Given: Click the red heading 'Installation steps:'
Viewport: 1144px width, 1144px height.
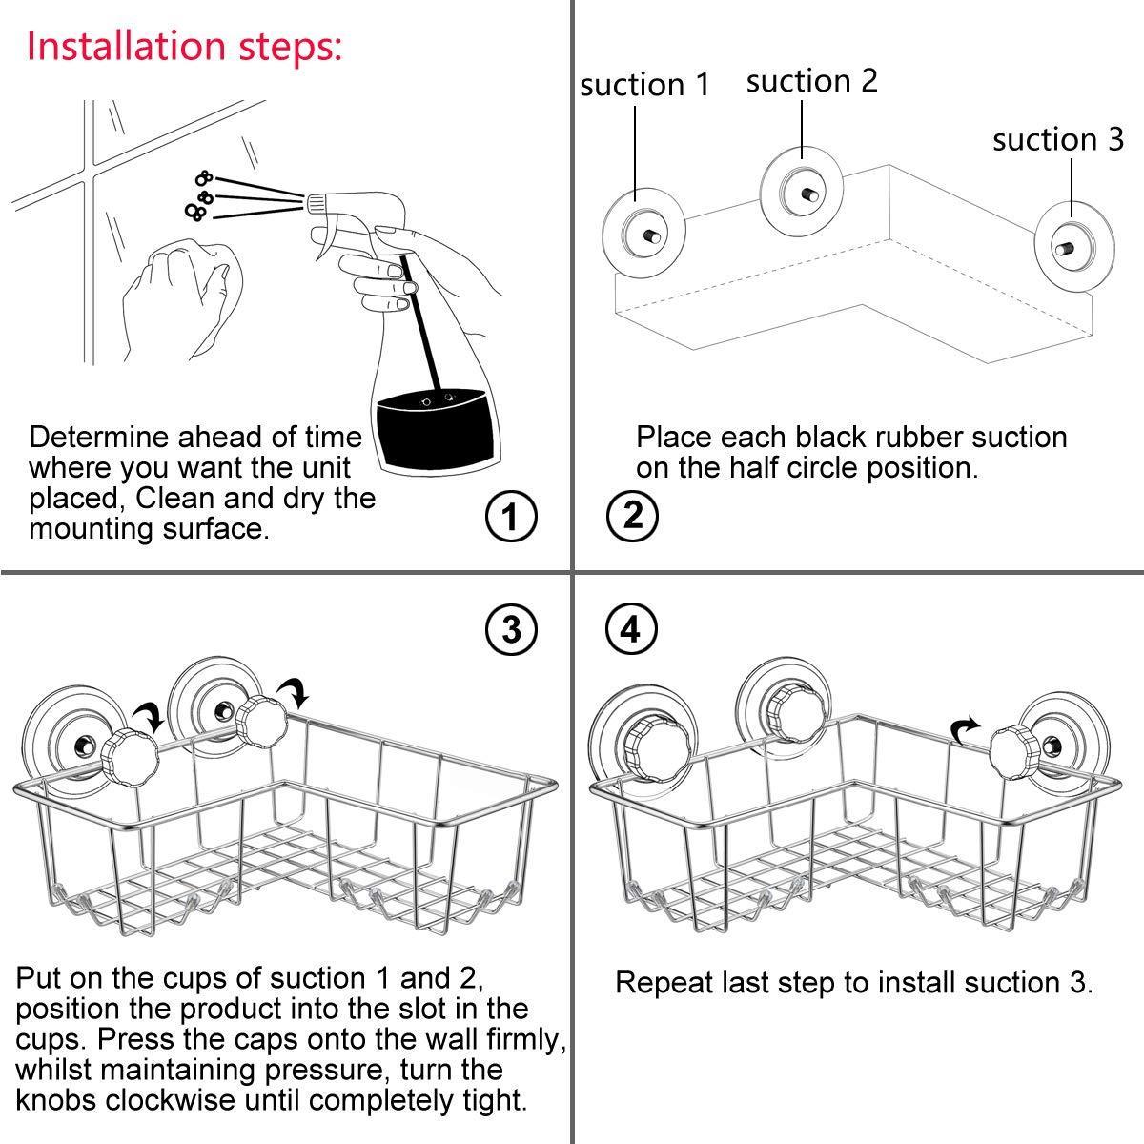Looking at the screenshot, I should [x=184, y=45].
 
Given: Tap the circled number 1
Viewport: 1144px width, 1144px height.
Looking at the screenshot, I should [x=511, y=517].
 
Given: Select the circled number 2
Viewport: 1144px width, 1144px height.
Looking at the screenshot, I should [x=631, y=517].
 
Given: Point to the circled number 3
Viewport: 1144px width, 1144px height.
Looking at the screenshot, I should [x=511, y=629].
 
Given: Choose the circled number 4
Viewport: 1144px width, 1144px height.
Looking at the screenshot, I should [x=631, y=629].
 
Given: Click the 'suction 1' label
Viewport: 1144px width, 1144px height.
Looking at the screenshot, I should [x=645, y=85].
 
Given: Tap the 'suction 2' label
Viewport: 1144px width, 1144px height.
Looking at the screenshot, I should [x=811, y=81].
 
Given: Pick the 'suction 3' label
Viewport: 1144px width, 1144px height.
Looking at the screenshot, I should [x=1058, y=140].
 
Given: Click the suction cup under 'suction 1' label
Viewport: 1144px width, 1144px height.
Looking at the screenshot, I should [x=642, y=234].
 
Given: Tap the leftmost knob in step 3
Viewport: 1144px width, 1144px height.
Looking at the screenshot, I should [x=124, y=756].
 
